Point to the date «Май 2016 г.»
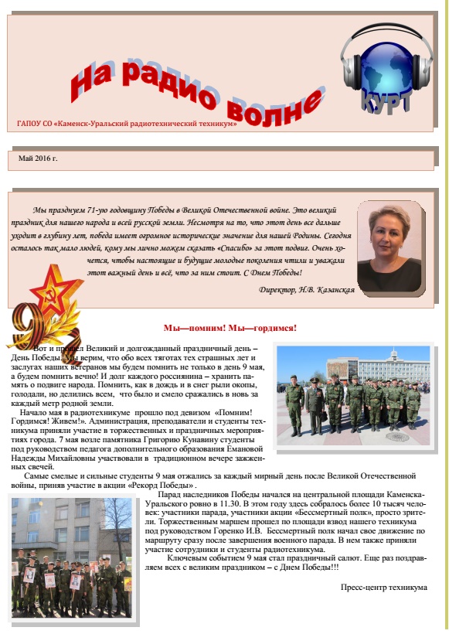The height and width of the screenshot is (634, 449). [38, 158]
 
